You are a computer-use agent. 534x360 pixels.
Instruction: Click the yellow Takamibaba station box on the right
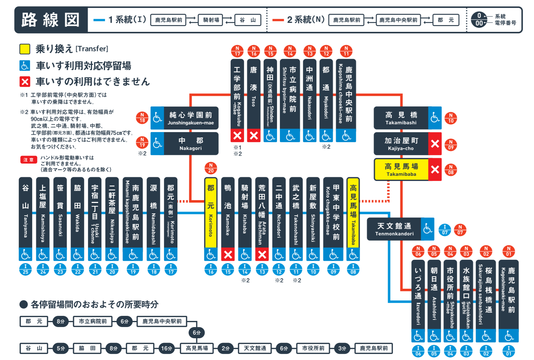(x=401, y=169)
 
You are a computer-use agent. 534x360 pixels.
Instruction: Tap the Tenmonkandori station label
(x=394, y=229)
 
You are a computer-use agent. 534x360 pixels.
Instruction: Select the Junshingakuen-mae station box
(x=191, y=118)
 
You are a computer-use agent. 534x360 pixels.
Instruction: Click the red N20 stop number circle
(x=211, y=168)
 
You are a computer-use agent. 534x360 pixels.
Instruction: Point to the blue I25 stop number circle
(x=25, y=270)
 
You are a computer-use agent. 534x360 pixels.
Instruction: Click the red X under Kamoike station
(x=228, y=255)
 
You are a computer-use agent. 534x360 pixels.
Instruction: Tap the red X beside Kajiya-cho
(x=435, y=144)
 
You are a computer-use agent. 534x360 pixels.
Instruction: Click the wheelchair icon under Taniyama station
(x=25, y=255)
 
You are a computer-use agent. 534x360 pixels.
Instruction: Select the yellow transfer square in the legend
(x=25, y=49)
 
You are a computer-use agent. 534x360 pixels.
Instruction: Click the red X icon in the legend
(x=25, y=82)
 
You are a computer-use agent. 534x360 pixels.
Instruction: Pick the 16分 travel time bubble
(x=167, y=348)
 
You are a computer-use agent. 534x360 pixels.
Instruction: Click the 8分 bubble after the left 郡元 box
(x=60, y=321)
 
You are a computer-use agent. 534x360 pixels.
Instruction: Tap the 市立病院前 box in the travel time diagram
(x=93, y=321)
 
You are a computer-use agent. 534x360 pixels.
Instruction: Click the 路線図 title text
(x=51, y=20)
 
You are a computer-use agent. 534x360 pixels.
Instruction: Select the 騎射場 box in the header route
(x=211, y=20)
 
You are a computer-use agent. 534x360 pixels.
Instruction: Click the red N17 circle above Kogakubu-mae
(x=237, y=51)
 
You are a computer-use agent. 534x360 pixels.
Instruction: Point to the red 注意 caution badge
(x=29, y=160)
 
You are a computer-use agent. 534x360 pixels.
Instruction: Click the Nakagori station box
(x=191, y=144)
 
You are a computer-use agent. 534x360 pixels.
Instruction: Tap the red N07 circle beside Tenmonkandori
(x=460, y=230)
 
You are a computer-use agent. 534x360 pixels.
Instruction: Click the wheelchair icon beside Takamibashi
(x=435, y=118)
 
